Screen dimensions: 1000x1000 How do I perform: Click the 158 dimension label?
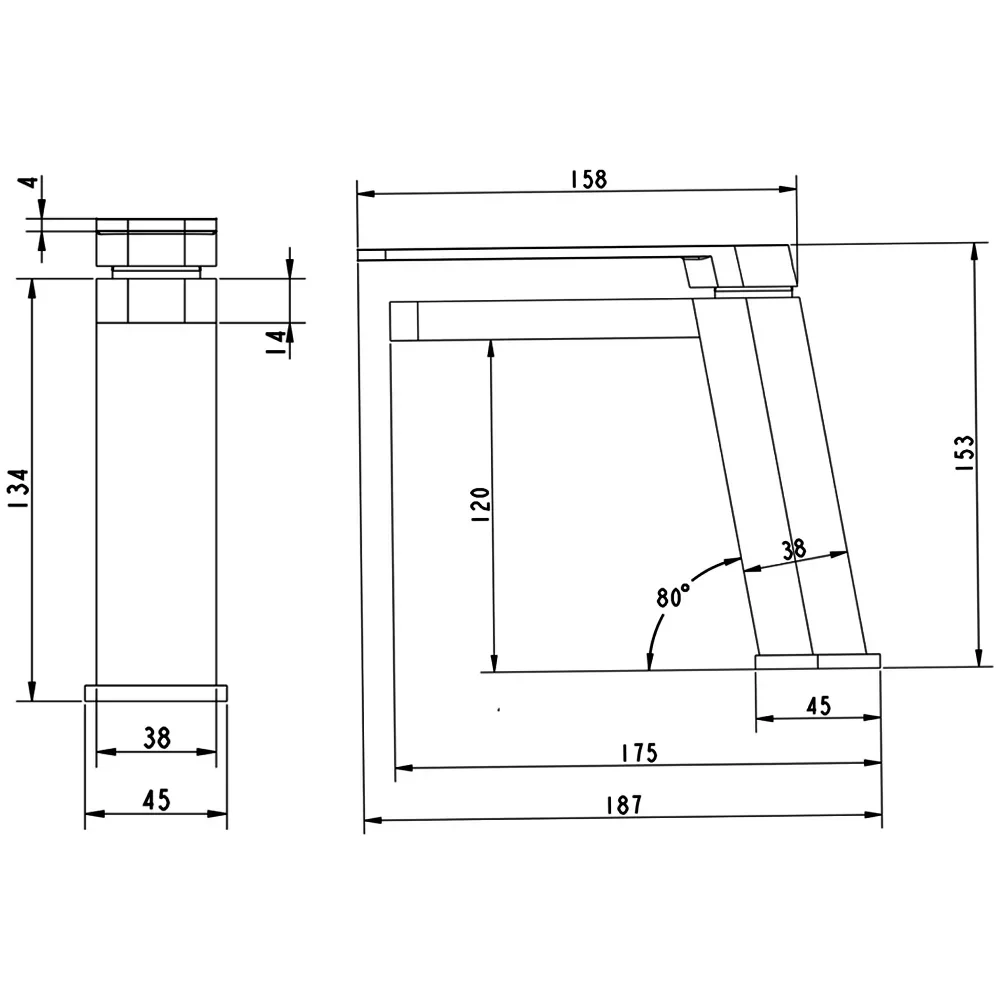coord(589,179)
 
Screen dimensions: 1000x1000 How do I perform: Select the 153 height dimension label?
coord(965,453)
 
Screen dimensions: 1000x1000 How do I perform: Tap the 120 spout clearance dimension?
coord(480,504)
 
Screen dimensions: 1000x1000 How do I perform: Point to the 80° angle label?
coord(673,596)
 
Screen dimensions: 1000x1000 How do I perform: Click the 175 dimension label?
coord(639,753)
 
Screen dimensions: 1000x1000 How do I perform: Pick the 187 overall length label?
coord(624,805)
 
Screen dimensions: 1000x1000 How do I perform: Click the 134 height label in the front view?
coord(18,488)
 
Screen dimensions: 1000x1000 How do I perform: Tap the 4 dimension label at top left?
coord(29,182)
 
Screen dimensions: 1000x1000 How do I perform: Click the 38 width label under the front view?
coord(157,738)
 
